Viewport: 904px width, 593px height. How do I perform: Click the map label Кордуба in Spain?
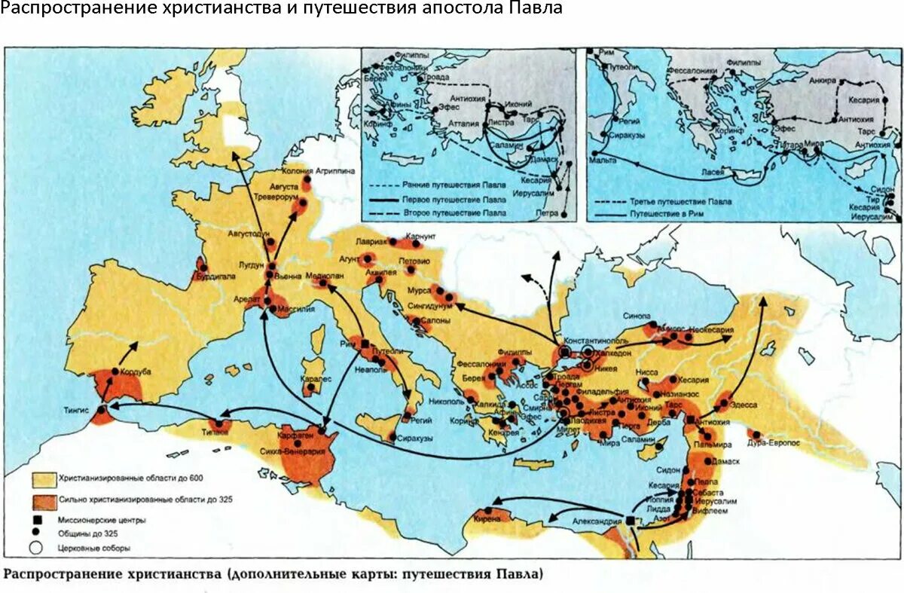coord(136,371)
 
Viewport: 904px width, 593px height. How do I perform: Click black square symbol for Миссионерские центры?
coord(36,520)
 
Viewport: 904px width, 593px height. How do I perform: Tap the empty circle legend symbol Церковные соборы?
coord(36,548)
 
